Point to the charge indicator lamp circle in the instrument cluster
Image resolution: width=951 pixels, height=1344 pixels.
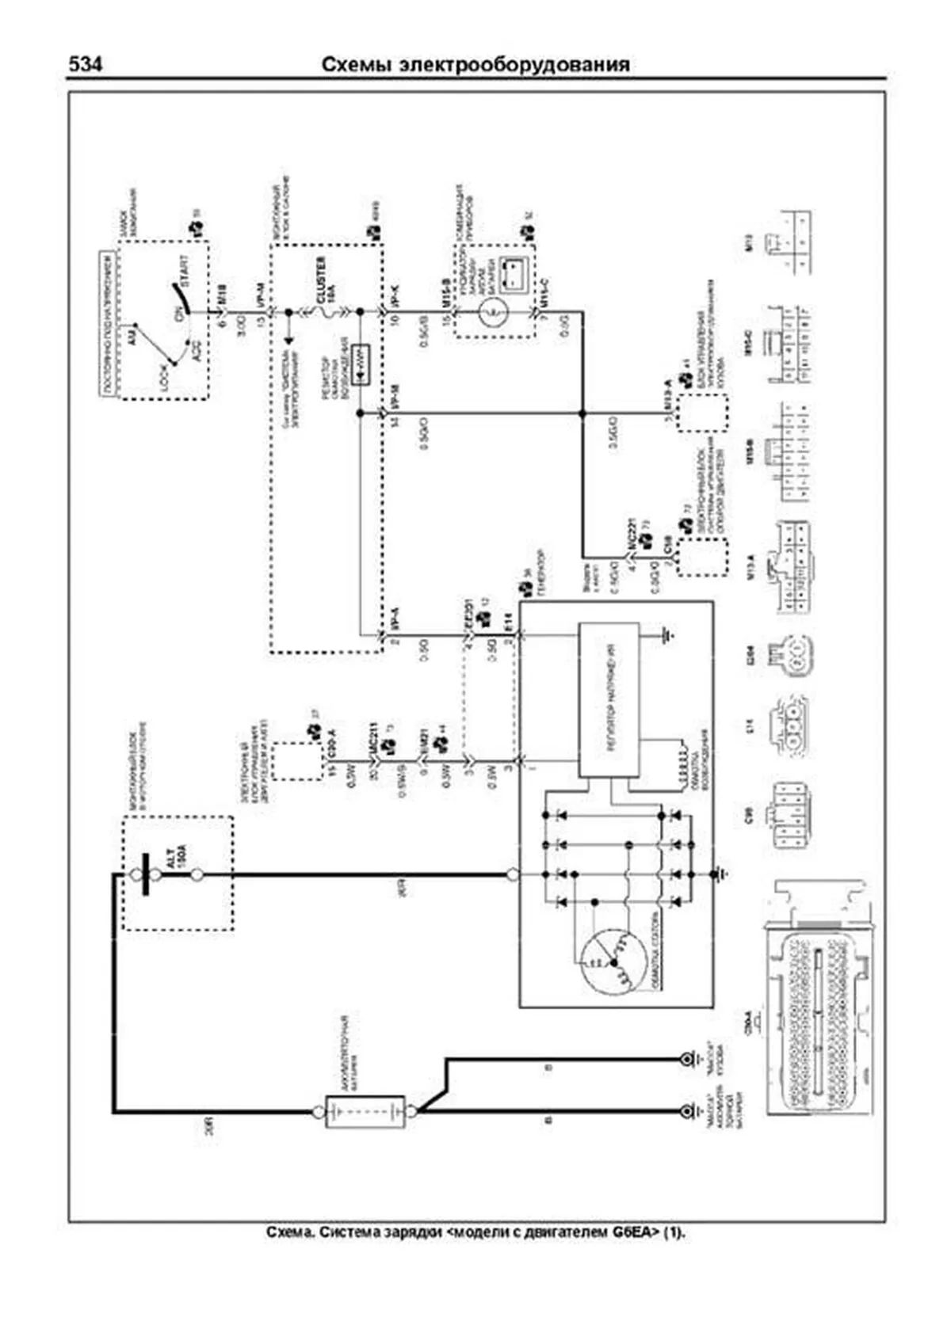[492, 312]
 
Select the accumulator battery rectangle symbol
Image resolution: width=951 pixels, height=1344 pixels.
[365, 1112]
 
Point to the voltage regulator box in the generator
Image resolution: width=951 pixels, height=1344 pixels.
[609, 698]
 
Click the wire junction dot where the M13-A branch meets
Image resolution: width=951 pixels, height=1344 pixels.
[582, 413]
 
